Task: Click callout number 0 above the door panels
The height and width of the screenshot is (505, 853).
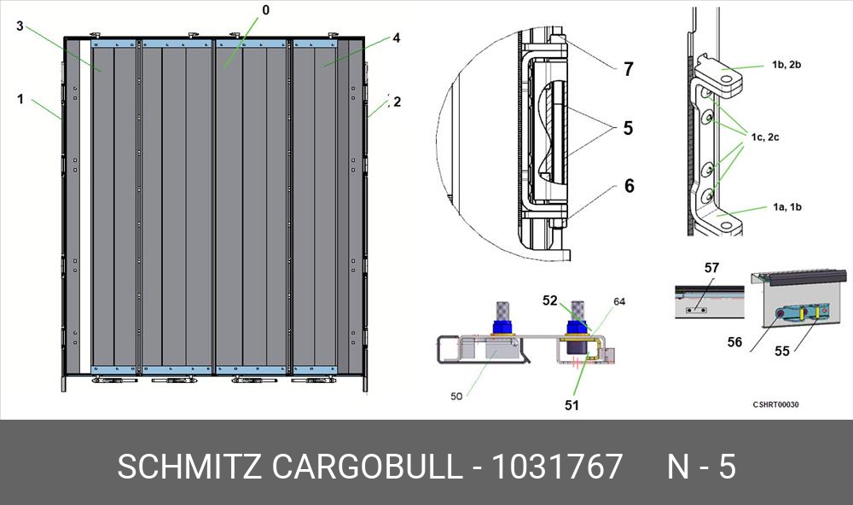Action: pyautogui.click(x=265, y=9)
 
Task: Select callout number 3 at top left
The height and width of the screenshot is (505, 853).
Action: pyautogui.click(x=20, y=26)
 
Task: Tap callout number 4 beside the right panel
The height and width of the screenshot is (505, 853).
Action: pyautogui.click(x=396, y=38)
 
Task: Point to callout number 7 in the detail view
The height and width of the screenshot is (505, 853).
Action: pyautogui.click(x=629, y=69)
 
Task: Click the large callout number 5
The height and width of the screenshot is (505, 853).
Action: pyautogui.click(x=629, y=128)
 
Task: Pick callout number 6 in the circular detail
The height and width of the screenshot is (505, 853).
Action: pyautogui.click(x=630, y=186)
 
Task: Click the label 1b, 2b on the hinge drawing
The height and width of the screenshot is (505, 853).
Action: pyautogui.click(x=786, y=65)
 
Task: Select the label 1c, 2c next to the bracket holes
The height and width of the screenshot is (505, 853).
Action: pyautogui.click(x=765, y=137)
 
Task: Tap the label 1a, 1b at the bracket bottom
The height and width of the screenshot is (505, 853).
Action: pyautogui.click(x=786, y=206)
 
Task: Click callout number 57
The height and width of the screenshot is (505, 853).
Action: pyautogui.click(x=711, y=268)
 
